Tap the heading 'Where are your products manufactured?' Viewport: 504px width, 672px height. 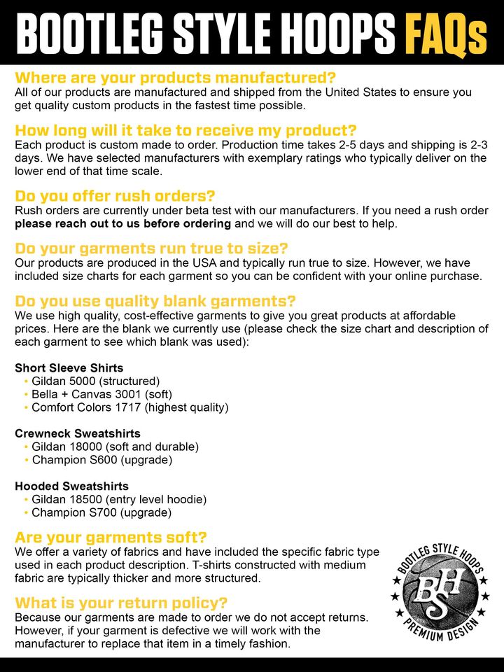pos(175,77)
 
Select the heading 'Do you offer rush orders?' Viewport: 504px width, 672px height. pos(115,195)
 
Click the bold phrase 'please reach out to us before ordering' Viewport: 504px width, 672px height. pos(122,223)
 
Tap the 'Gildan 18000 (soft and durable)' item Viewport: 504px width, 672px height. pos(115,447)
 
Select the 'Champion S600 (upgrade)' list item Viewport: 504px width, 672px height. pos(102,460)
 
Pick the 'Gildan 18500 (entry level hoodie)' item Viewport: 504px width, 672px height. pos(119,499)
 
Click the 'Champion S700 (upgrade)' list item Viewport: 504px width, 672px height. pos(102,512)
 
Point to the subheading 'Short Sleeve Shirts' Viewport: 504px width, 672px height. pos(69,367)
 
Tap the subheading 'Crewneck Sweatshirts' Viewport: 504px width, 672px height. pos(78,433)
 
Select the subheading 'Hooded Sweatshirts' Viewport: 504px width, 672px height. pos(71,486)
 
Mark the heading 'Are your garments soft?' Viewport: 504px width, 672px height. pos(111,538)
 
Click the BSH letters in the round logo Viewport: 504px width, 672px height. pos(437,589)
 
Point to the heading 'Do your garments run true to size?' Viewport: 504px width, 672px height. pos(151,248)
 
